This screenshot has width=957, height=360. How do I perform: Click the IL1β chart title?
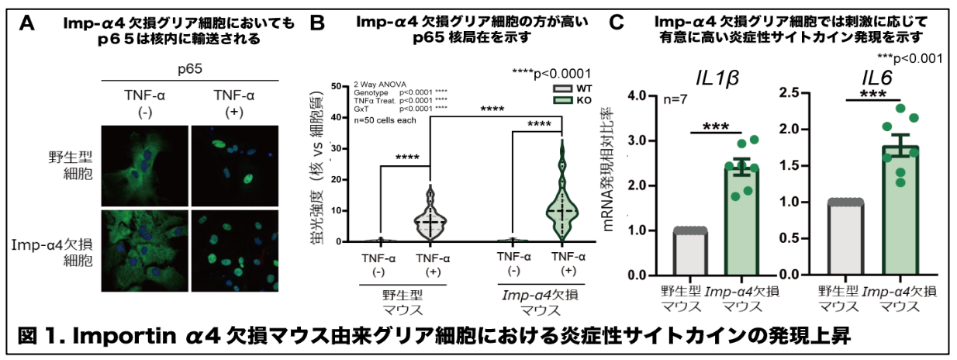pyautogui.click(x=716, y=78)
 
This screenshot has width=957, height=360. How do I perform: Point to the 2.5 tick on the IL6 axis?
pyautogui.click(x=793, y=93)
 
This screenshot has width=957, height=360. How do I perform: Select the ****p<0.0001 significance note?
pyautogui.click(x=552, y=72)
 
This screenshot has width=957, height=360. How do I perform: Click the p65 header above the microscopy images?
pyautogui.click(x=189, y=70)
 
